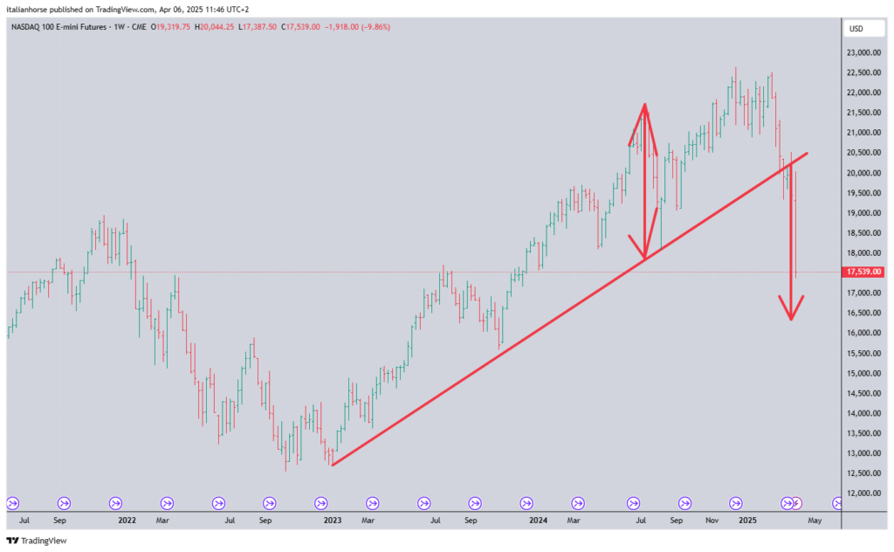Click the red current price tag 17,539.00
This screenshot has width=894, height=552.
864,272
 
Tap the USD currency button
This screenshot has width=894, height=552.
856,29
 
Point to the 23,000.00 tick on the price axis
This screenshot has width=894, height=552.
864,52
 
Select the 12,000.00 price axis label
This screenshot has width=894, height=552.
864,493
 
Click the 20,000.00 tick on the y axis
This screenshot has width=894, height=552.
864,173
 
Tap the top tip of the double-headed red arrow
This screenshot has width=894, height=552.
644,107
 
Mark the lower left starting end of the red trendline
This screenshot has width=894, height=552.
333,465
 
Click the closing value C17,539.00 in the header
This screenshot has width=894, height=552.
296,27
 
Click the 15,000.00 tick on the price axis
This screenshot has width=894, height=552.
864,373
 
